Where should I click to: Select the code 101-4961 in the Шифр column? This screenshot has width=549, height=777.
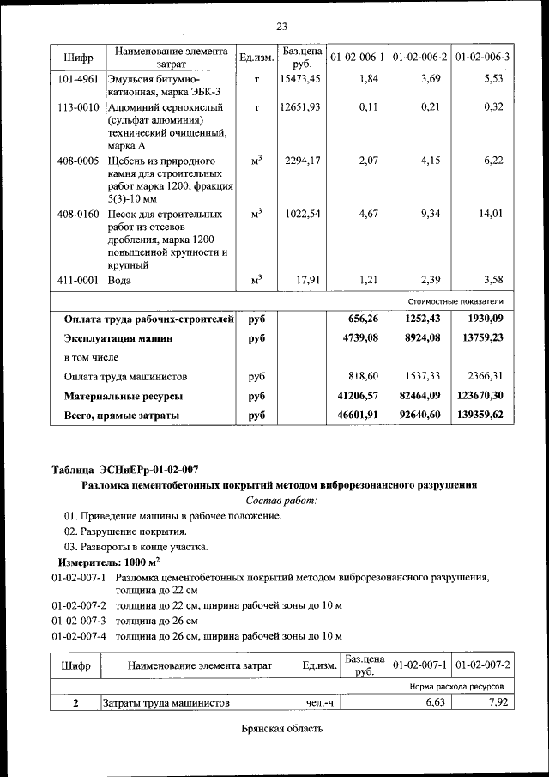click(x=77, y=79)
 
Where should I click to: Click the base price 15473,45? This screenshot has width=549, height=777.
click(x=300, y=79)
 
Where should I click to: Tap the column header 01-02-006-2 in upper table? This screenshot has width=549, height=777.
click(x=419, y=57)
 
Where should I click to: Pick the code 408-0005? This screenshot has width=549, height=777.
click(x=77, y=161)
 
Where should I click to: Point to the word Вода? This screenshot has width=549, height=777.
click(x=119, y=280)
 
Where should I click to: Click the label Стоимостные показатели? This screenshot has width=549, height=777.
click(x=455, y=302)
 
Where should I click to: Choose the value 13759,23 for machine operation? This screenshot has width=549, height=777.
click(x=480, y=338)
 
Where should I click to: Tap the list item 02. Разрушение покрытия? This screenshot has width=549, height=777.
click(x=125, y=531)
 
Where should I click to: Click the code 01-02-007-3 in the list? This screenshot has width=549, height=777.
click(x=78, y=620)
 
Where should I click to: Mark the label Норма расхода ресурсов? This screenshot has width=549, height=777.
click(x=455, y=687)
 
